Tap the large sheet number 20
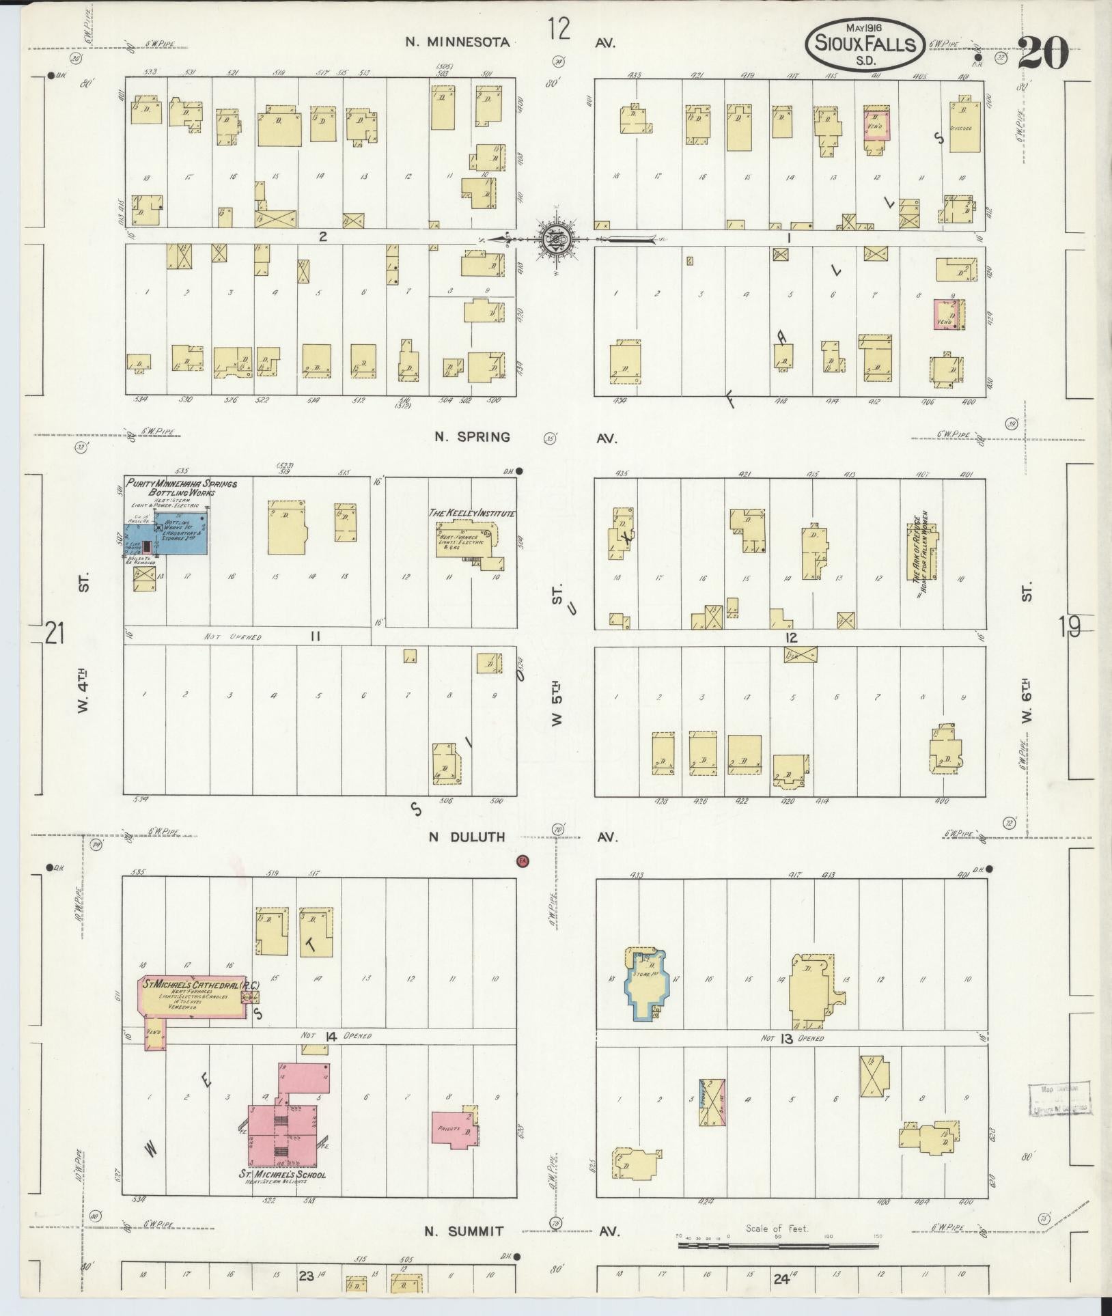pyautogui.click(x=1042, y=53)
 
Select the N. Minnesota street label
pyautogui.click(x=458, y=42)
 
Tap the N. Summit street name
pyautogui.click(x=464, y=1231)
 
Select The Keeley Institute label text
pyautogui.click(x=471, y=513)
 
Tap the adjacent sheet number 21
pyautogui.click(x=55, y=633)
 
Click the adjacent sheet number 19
pyautogui.click(x=1070, y=626)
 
